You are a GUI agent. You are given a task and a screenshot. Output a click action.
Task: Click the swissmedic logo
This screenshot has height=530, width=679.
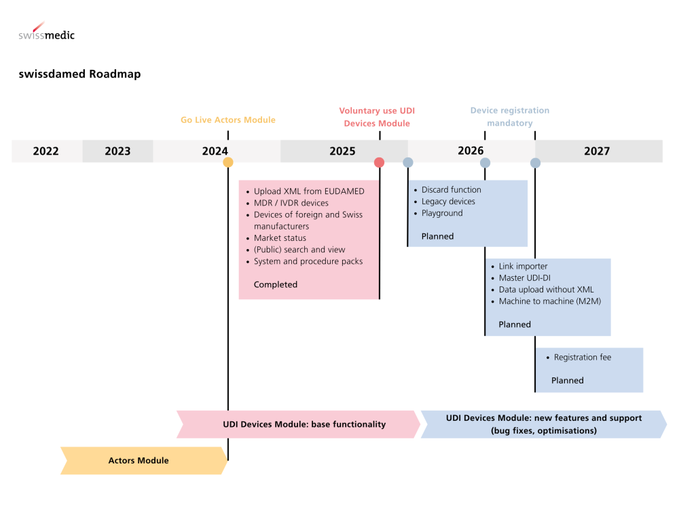(x=46, y=33)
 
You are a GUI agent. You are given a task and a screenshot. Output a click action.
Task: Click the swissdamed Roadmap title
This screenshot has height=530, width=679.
(x=79, y=74)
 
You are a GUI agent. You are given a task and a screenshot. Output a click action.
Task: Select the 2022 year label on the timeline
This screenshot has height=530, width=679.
(x=46, y=151)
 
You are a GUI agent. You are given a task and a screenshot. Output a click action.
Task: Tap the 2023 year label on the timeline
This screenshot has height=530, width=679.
(x=117, y=151)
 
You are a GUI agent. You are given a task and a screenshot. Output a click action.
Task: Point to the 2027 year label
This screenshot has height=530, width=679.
(x=597, y=151)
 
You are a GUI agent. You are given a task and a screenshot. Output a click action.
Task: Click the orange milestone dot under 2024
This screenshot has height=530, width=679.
(x=228, y=162)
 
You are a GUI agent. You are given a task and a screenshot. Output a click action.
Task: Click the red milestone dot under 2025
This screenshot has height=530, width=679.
(x=380, y=162)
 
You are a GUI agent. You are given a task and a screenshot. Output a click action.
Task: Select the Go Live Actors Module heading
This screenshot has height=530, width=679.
(x=228, y=120)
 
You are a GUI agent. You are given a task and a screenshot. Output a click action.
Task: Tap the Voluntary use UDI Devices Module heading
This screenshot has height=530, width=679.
(x=377, y=117)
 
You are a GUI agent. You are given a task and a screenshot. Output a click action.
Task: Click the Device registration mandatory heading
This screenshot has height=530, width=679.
(x=509, y=117)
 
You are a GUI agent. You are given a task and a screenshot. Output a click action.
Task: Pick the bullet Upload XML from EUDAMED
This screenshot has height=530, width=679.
(x=309, y=191)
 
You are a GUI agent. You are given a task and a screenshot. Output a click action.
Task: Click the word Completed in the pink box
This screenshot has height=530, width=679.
(x=276, y=284)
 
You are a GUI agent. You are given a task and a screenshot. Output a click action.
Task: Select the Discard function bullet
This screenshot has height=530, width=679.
(x=451, y=190)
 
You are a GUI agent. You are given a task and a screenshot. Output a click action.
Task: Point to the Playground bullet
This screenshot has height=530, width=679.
(x=442, y=213)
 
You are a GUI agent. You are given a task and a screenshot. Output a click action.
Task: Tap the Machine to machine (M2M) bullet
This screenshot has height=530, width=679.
(x=550, y=301)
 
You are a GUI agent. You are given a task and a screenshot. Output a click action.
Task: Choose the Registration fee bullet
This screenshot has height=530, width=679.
(x=582, y=358)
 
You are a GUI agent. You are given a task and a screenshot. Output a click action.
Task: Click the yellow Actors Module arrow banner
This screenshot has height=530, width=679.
(x=139, y=461)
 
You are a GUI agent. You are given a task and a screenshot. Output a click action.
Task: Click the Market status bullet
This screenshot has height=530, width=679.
(x=280, y=238)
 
